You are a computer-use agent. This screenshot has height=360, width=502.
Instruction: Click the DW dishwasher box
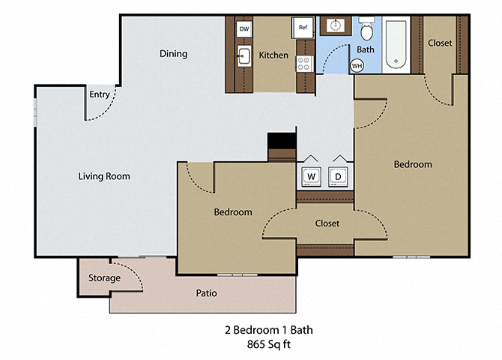click(244, 28)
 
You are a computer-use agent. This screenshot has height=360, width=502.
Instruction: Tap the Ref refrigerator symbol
click(303, 28)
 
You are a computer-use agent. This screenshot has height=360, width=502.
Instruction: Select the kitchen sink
click(244, 55)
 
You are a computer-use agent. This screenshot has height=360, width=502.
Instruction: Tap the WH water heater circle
click(357, 66)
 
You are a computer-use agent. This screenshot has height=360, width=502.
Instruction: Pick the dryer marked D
click(339, 176)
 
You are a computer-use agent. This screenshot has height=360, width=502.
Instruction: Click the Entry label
click(100, 94)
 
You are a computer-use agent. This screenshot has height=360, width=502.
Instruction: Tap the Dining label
click(173, 54)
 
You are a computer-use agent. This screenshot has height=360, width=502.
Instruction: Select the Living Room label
click(104, 177)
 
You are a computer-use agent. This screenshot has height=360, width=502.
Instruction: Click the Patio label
click(207, 293)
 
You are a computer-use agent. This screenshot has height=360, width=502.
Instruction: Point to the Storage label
click(104, 278)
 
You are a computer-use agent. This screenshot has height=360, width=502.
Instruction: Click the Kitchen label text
click(273, 55)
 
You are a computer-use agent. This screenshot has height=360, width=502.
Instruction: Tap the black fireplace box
click(282, 141)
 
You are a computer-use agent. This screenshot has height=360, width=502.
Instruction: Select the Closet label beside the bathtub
click(440, 43)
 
